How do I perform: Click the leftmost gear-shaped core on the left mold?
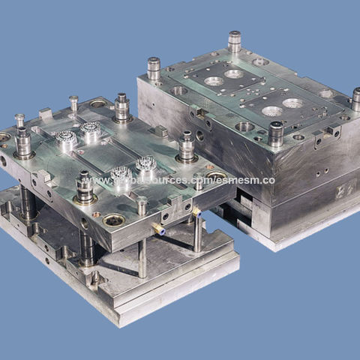[66, 139]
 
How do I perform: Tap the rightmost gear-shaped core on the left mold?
[145, 164]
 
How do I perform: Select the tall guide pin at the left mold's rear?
[121, 107]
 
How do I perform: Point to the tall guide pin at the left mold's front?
[84, 187]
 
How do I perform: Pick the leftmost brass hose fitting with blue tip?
[158, 230]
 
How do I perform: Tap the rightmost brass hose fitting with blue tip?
[196, 212]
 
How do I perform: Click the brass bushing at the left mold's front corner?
[114, 220]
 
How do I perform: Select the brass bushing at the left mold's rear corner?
[98, 103]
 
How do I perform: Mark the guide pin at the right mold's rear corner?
[235, 41]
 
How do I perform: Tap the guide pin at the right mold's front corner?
[276, 133]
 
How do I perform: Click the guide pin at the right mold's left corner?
[154, 69]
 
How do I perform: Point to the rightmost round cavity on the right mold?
[293, 103]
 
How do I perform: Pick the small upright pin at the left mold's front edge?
[142, 206]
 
